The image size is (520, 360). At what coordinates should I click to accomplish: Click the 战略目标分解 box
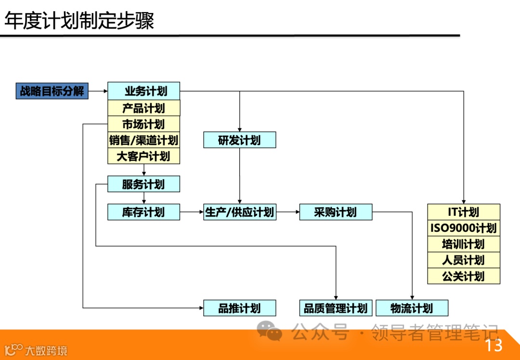pos(52,91)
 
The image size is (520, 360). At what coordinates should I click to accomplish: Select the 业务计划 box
pos(143,91)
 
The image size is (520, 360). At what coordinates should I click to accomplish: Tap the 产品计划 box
pos(143,108)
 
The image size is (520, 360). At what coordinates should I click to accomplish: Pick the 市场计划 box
pos(143,124)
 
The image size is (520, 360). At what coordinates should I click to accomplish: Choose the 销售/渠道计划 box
pos(143,140)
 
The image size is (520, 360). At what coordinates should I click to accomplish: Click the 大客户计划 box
pos(143,156)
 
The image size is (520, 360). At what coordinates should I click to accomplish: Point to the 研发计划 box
pos(239,140)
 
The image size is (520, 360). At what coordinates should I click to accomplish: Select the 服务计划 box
pos(143,184)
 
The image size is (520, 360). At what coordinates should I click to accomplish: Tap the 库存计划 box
pos(143,212)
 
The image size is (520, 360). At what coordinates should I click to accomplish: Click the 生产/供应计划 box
pos(239,212)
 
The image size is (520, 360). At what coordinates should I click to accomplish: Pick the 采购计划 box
pos(336,212)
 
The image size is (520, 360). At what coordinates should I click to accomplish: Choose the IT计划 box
pos(464,212)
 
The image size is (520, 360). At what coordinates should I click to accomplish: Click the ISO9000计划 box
pos(464,228)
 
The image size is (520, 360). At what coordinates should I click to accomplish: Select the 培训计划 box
pos(464,244)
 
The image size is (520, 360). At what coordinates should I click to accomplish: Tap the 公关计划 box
pos(464,276)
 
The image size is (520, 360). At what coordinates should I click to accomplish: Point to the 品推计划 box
pos(239,308)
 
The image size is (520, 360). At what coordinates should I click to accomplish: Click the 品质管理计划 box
pos(336,308)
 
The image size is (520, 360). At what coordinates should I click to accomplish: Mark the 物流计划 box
pos(412,308)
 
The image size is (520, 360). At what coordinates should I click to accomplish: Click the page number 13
pos(494,345)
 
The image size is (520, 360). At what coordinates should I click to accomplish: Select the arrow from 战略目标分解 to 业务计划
pos(98,91)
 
